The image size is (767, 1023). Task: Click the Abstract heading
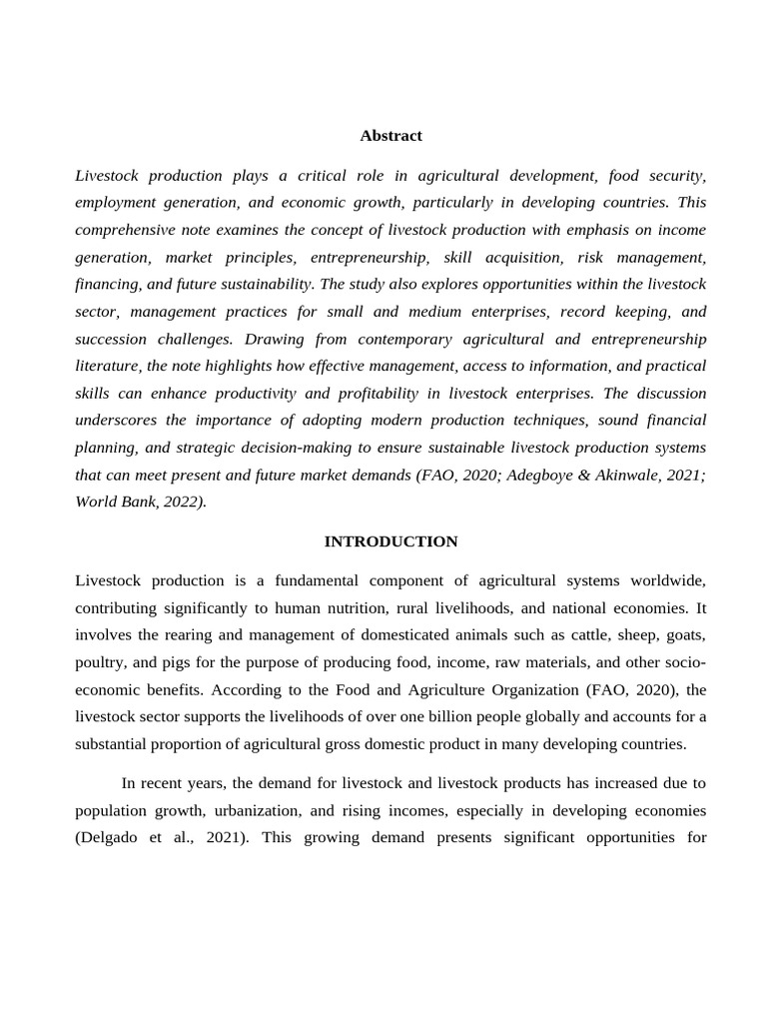[390, 135]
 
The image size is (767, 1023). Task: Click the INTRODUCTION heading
[390, 541]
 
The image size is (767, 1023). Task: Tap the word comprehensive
[130, 230]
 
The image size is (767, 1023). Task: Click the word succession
[112, 339]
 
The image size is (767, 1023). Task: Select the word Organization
[519, 689]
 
